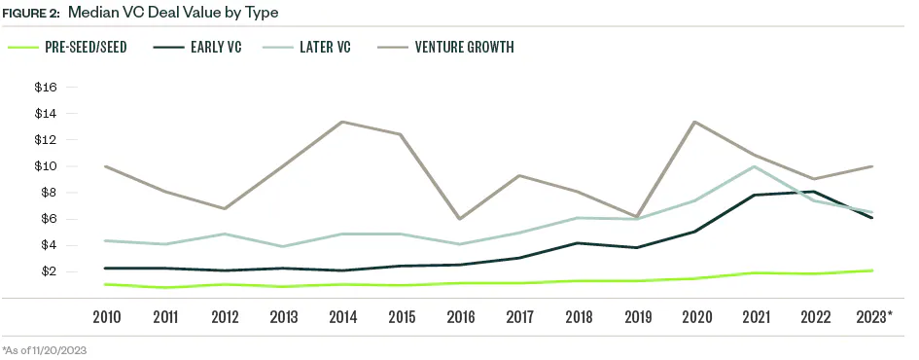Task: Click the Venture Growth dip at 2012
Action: coord(226,208)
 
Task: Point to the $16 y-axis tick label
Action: coord(47,88)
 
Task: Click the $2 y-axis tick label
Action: coord(49,271)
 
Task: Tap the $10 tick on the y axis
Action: coord(47,166)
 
